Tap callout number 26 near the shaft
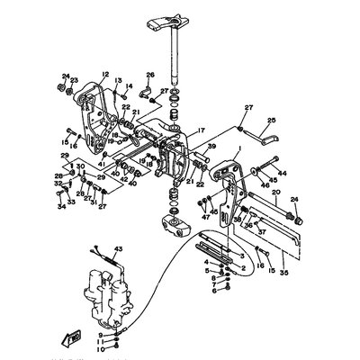click(150, 75)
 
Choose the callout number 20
click(275, 193)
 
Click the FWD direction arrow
click(93, 337)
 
